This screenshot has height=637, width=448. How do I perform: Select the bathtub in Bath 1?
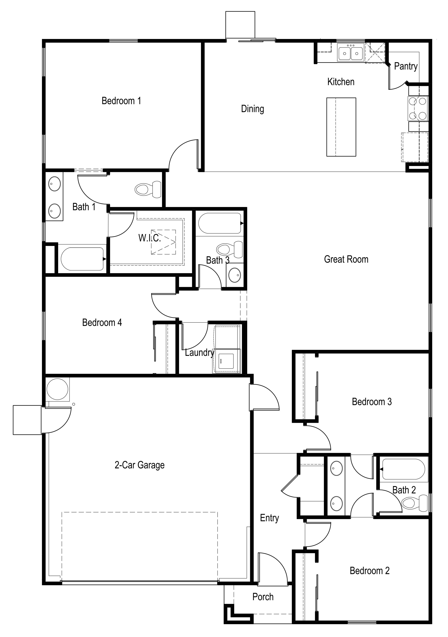point(82,259)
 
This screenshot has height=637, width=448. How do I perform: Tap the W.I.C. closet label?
point(150,238)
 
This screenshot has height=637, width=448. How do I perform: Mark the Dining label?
point(252,109)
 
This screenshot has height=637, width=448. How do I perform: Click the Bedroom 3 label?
point(372,402)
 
